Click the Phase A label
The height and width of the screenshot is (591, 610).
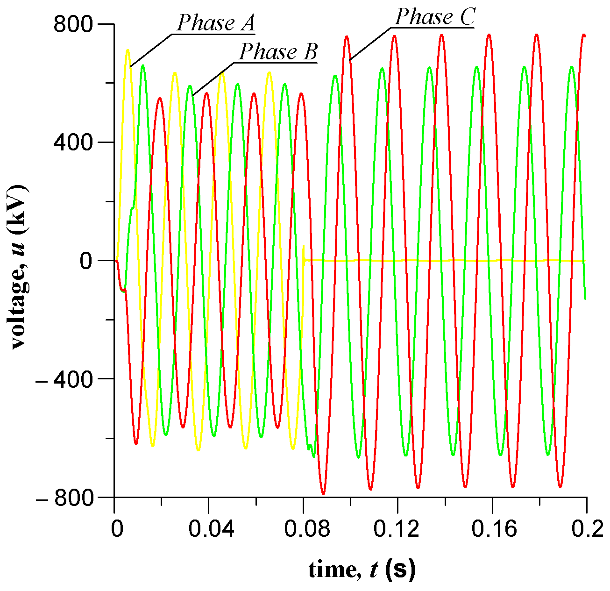click(215, 23)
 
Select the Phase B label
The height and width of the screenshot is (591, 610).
click(278, 52)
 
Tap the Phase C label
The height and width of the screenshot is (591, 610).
click(434, 18)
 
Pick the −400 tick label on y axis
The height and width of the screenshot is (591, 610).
click(69, 379)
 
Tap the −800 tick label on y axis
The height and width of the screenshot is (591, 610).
click(69, 497)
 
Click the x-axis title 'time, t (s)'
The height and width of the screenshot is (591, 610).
click(362, 570)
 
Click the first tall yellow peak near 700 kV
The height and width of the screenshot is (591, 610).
click(127, 50)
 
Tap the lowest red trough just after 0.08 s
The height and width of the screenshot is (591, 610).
click(323, 493)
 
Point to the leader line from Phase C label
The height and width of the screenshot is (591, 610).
click(369, 44)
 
